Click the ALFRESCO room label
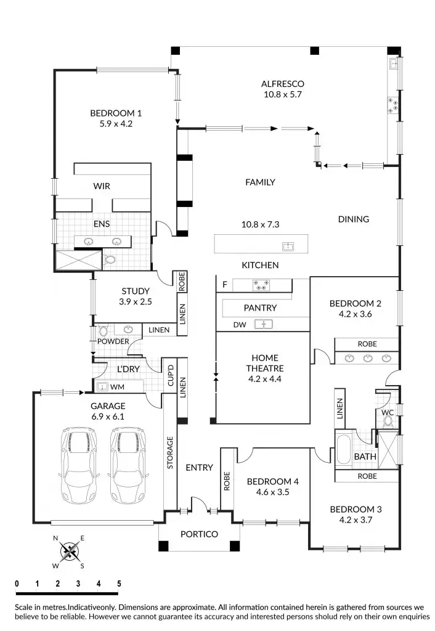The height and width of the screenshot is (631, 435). point(282,84)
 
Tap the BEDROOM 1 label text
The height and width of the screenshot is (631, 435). point(116,113)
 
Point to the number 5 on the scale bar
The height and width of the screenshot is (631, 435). point(118,584)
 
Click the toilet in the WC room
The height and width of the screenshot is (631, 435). point(388,421)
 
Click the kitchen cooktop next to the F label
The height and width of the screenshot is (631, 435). point(261,285)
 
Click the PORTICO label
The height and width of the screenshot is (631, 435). point(199,534)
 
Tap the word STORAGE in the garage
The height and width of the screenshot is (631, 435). point(170,454)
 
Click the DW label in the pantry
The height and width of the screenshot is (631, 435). point(239,324)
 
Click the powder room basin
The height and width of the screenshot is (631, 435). point(128,330)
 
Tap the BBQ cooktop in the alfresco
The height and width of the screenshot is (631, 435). point(391,105)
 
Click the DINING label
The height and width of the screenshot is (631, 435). point(353,219)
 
